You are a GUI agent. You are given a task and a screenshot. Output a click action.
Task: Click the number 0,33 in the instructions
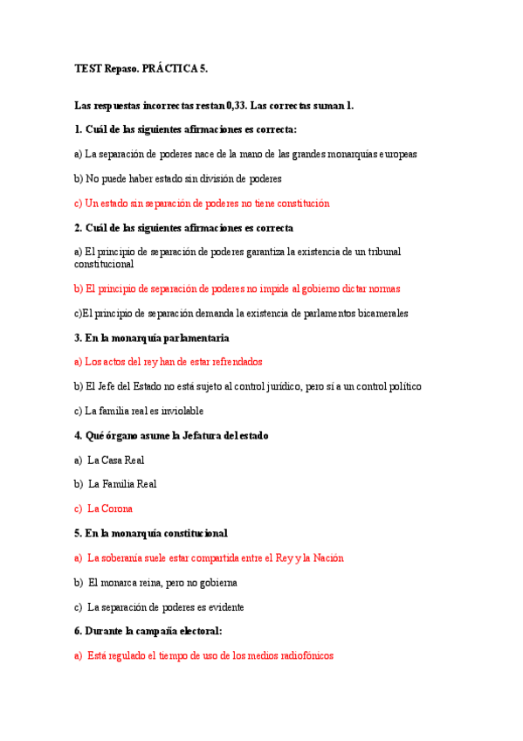pos(236,106)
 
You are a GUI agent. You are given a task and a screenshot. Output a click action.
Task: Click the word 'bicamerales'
pos(381,313)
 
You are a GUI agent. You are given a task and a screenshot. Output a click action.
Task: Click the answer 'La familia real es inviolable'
pos(139,411)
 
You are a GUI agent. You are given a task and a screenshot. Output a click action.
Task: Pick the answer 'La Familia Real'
pos(122,483)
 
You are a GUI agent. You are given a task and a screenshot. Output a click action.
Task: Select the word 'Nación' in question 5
pos(327,557)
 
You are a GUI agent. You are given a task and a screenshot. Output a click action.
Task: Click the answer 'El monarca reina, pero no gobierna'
pos(162,582)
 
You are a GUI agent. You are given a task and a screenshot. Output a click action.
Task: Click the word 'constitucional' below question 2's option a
pos(104,263)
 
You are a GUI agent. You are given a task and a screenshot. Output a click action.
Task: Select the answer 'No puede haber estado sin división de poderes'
pos(178,178)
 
